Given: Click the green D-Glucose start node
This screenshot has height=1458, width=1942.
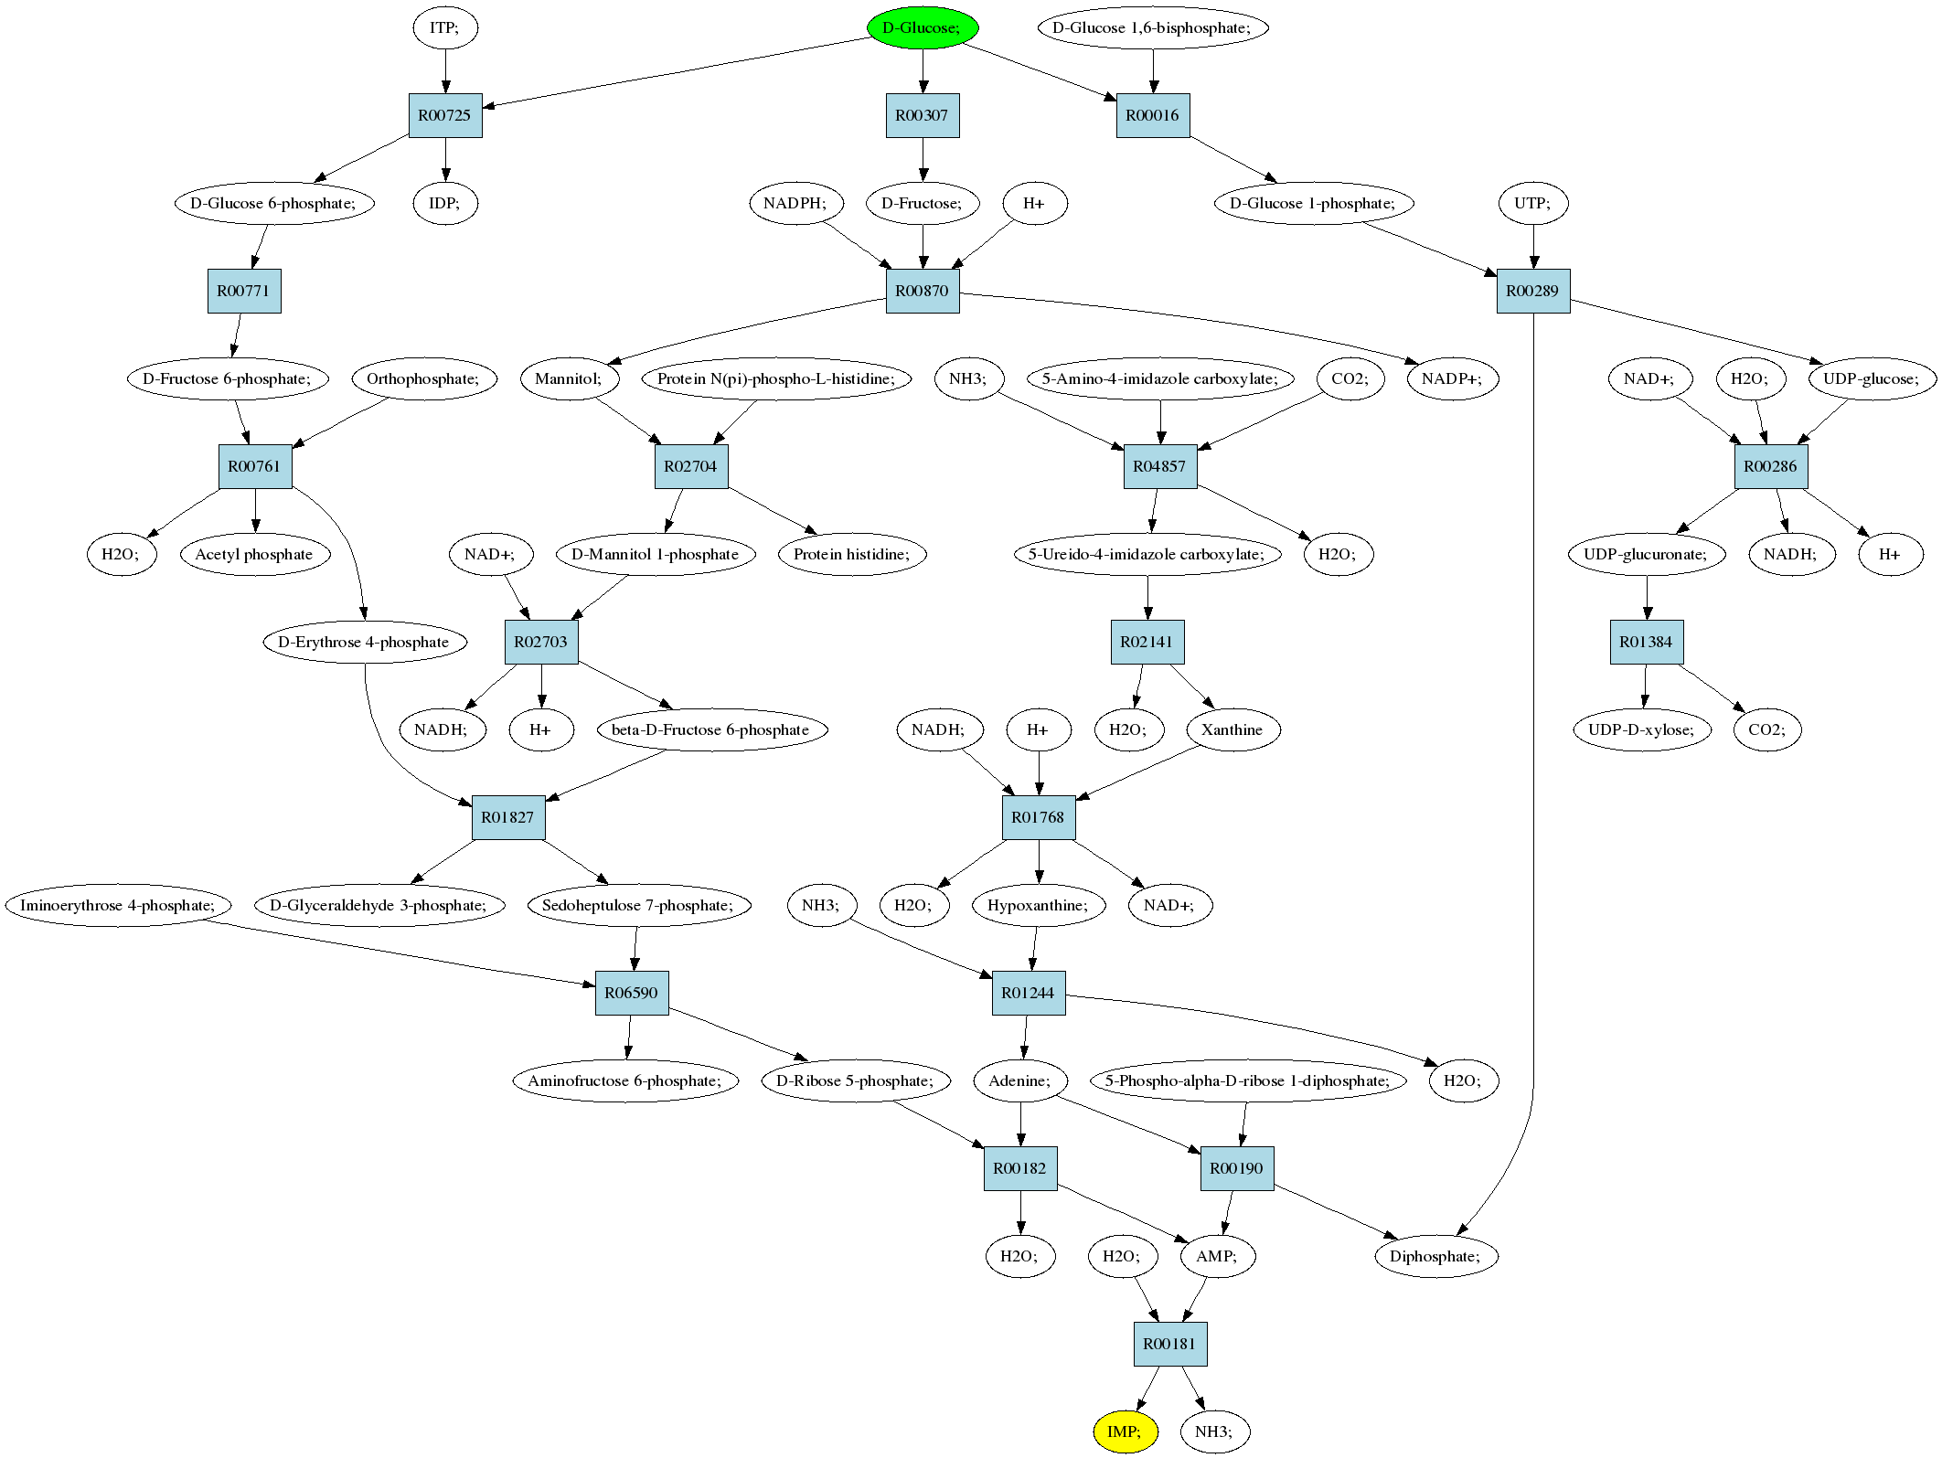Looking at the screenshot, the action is (x=923, y=27).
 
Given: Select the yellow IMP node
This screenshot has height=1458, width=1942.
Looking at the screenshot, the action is (x=1126, y=1431).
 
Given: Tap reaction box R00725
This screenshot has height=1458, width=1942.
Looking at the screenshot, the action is (x=445, y=115).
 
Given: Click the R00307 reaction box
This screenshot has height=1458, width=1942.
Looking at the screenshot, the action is (x=923, y=115).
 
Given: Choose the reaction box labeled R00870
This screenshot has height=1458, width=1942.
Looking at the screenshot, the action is (x=923, y=291).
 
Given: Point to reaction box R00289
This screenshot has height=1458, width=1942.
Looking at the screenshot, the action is (x=1533, y=291).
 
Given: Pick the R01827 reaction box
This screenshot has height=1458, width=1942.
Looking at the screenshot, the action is (x=508, y=817).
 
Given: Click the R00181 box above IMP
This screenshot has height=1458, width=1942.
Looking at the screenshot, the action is (x=1170, y=1344).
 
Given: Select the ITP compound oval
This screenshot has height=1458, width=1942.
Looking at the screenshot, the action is (x=445, y=27).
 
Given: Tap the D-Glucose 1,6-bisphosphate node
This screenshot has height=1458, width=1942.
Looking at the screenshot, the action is (x=1153, y=27).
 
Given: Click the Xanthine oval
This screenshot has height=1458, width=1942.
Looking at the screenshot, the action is (x=1232, y=729).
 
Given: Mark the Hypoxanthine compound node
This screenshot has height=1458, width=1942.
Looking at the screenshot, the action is (x=1039, y=905).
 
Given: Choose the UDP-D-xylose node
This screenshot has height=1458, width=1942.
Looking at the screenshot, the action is (x=1642, y=729).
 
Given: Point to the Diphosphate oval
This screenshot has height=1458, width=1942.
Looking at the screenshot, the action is (x=1435, y=1256).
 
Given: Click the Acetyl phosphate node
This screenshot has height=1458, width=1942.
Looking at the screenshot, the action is (x=254, y=554).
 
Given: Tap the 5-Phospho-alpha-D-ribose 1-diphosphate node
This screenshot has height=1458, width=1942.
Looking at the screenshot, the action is (x=1248, y=1080).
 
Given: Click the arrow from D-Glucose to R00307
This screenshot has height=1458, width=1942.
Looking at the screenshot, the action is (x=923, y=71).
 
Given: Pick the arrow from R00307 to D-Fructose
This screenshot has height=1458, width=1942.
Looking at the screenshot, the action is (x=923, y=159).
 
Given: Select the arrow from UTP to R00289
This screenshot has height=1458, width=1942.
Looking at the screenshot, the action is (x=1533, y=247).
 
